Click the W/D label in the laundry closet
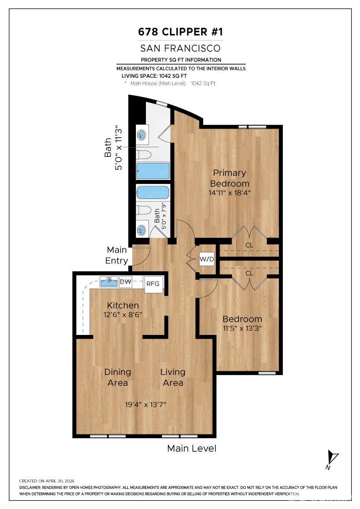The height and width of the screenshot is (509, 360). [207, 259]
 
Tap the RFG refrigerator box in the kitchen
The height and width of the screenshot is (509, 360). [153, 284]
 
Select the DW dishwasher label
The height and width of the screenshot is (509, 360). [125, 281]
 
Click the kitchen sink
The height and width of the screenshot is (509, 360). [109, 282]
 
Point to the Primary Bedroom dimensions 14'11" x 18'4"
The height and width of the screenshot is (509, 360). [230, 193]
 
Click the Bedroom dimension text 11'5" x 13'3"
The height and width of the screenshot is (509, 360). [242, 328]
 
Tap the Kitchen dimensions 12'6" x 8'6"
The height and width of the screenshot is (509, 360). [123, 314]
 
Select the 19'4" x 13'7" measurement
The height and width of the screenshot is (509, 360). [146, 404]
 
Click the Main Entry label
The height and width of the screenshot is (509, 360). [116, 255]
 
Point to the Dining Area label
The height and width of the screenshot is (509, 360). [118, 377]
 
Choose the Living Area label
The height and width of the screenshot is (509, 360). [173, 377]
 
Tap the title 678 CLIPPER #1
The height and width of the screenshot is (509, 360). [180, 32]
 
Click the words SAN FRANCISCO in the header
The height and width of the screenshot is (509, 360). [180, 48]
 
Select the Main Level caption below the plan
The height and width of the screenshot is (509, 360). [191, 448]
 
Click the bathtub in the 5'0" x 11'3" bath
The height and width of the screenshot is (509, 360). [153, 171]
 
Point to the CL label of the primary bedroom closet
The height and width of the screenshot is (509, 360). [249, 245]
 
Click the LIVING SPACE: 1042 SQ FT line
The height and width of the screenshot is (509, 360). [154, 76]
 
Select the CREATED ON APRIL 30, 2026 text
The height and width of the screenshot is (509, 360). [47, 481]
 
